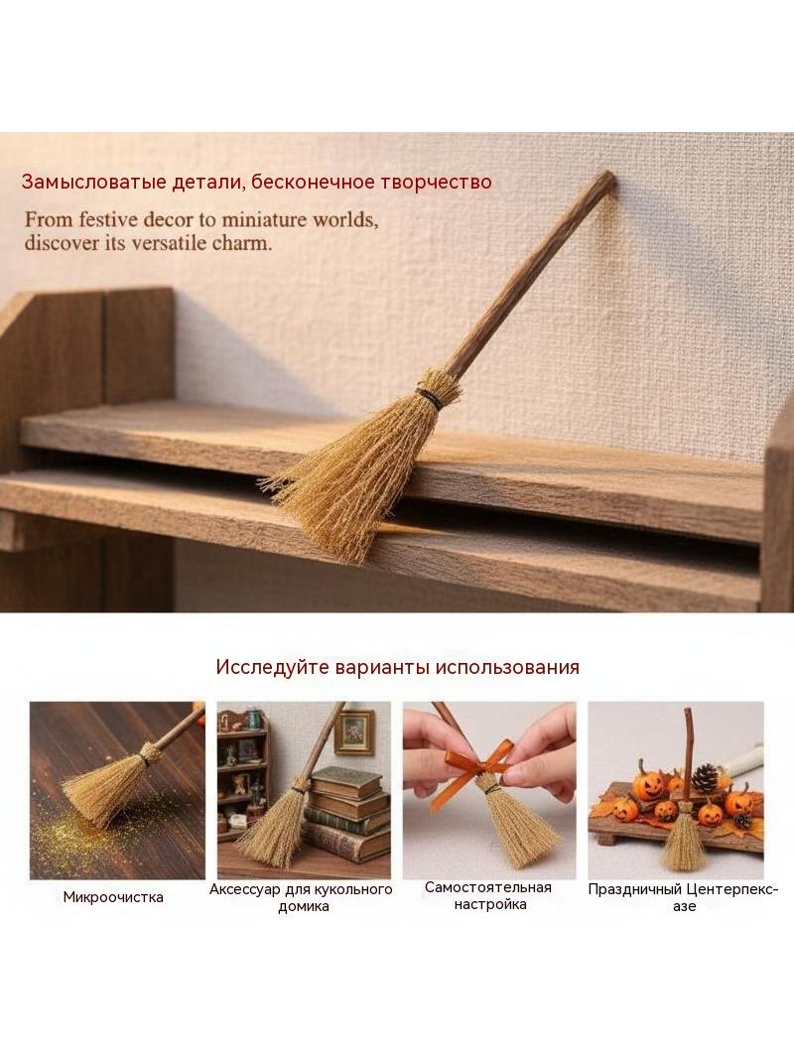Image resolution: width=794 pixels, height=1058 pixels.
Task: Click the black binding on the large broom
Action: point(429,398)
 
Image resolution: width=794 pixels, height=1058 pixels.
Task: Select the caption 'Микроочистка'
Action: point(113,897)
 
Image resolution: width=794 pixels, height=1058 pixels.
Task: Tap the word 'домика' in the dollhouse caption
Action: point(304,907)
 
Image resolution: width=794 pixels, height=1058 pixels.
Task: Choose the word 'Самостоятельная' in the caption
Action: point(487,888)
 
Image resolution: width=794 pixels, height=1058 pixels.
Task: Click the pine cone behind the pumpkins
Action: point(705,779)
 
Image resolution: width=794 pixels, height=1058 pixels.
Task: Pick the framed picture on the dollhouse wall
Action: point(354,732)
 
